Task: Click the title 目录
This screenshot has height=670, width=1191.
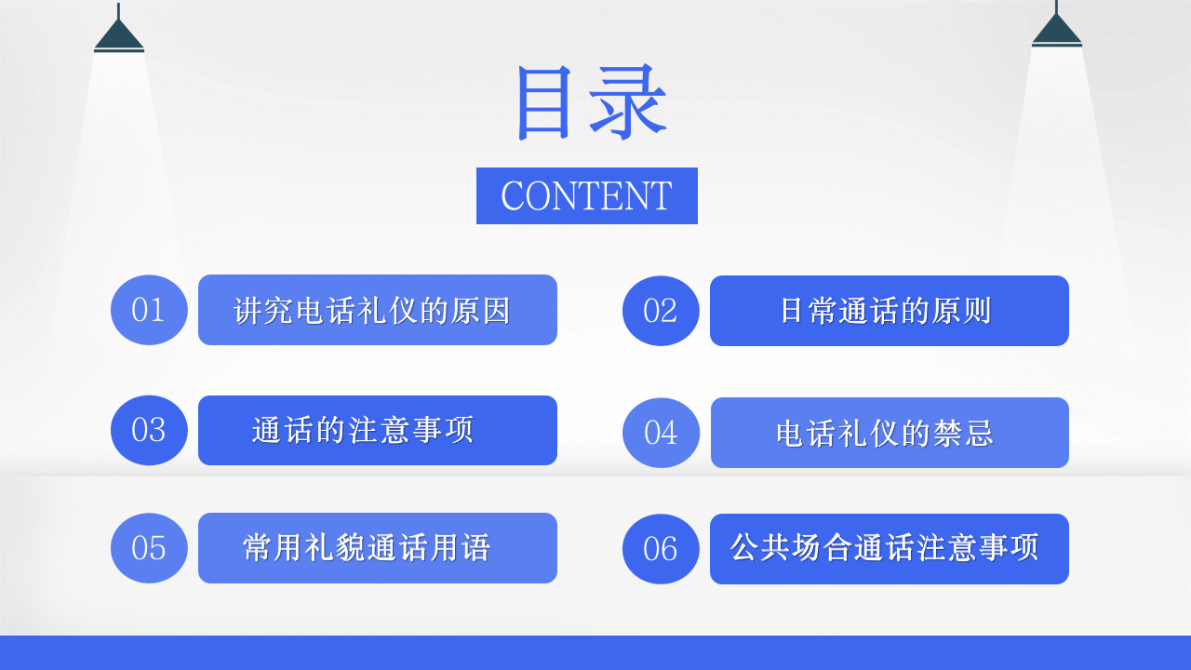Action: click(590, 102)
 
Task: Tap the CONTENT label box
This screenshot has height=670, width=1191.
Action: click(586, 195)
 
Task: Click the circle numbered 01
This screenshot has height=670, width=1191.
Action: click(149, 310)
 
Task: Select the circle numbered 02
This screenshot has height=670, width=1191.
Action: click(661, 311)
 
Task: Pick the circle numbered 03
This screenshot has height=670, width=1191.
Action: click(149, 430)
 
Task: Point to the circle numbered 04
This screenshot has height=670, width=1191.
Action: click(661, 433)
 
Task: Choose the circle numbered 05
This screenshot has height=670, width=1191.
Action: click(149, 548)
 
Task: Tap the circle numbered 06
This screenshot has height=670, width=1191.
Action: click(661, 549)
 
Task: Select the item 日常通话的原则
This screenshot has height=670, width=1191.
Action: click(889, 311)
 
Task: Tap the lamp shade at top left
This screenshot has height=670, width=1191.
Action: click(119, 35)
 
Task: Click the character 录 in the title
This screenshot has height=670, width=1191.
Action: click(629, 102)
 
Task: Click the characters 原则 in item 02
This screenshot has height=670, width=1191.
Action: click(962, 311)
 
